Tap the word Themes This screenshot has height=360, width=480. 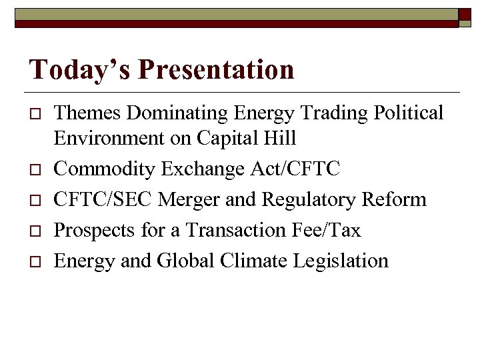coord(88,113)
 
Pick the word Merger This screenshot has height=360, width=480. coord(186,199)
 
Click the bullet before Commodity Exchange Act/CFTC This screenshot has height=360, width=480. coord(34,169)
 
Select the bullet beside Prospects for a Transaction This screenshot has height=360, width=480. coord(34,231)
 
